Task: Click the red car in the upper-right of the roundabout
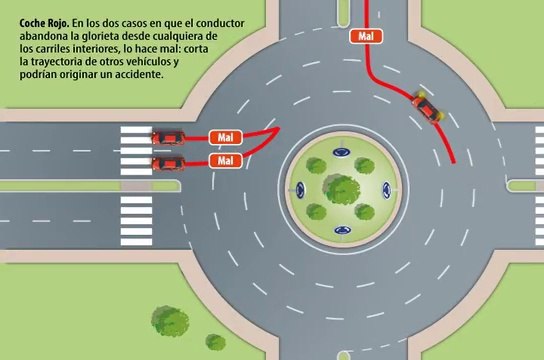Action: pyautogui.click(x=426, y=105)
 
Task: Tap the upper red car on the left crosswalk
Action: pyautogui.click(x=167, y=137)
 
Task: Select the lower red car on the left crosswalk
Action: pyautogui.click(x=167, y=162)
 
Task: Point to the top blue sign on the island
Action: pyautogui.click(x=343, y=153)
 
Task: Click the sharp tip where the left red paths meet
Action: pyautogui.click(x=279, y=129)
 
